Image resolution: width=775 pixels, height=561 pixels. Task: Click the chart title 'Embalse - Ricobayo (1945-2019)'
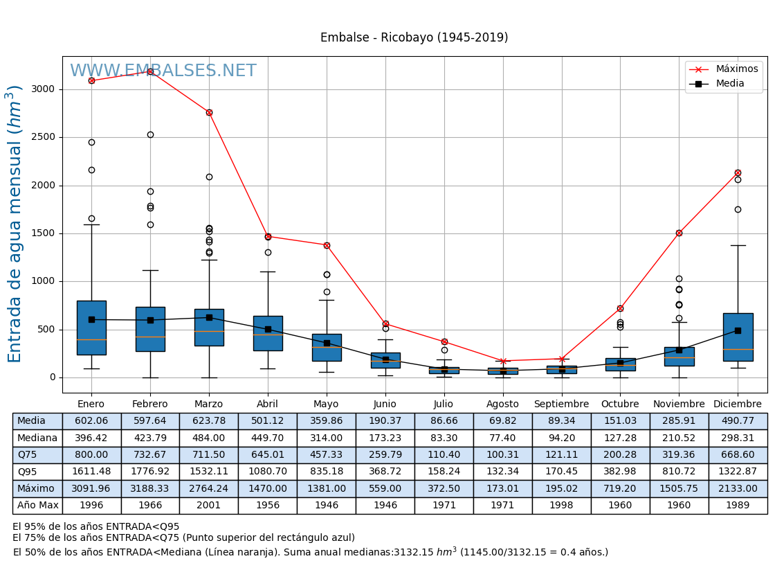click(414, 38)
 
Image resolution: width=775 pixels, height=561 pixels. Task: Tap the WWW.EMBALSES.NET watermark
click(163, 71)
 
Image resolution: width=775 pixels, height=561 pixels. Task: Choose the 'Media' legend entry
click(730, 84)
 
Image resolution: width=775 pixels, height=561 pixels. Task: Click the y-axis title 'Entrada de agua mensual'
click(15, 224)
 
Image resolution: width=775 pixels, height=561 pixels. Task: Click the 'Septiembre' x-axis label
click(561, 404)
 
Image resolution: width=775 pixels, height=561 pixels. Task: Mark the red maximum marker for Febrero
click(150, 71)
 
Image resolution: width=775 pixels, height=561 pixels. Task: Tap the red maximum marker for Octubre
click(620, 308)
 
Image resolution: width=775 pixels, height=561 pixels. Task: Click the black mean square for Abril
click(268, 329)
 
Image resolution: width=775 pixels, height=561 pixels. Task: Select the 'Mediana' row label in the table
click(37, 438)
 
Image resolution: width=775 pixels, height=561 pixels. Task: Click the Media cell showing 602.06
click(91, 421)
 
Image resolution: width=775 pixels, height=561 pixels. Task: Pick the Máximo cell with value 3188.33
click(150, 489)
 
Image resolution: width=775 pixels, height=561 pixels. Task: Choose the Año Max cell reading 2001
click(209, 506)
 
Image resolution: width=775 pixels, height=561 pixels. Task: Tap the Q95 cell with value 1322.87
click(738, 472)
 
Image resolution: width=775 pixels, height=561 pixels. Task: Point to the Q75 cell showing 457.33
click(327, 455)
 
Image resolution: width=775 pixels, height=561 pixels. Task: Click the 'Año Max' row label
click(37, 506)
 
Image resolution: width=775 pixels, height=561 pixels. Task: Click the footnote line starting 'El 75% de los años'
click(183, 538)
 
